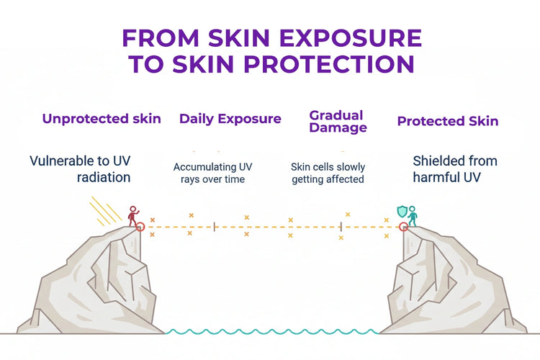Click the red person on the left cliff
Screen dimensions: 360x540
[x=132, y=215]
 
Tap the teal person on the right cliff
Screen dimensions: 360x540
[x=413, y=215]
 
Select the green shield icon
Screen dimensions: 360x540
[x=402, y=212]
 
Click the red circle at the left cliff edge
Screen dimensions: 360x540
[x=140, y=227]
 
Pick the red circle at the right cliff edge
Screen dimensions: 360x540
[x=405, y=227]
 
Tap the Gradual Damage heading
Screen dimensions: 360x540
[x=338, y=122]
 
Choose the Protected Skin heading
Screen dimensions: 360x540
[x=448, y=121]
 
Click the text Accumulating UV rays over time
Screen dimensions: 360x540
[x=212, y=173]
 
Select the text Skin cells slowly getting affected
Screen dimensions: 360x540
[x=328, y=173]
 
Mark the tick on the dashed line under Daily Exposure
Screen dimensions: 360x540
[x=215, y=227]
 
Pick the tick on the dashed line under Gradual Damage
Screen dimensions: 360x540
[x=341, y=227]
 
